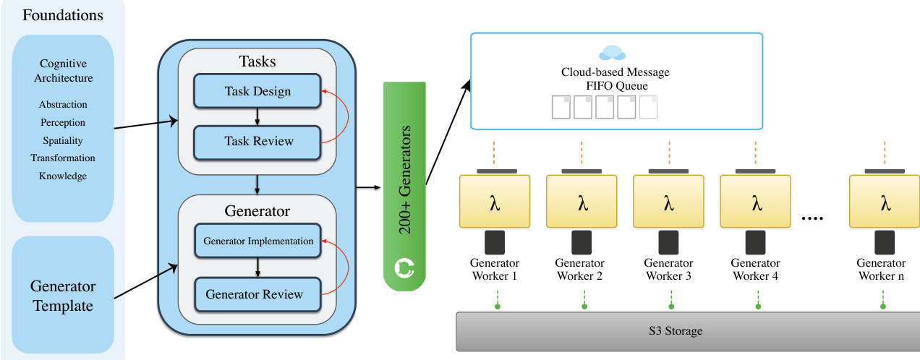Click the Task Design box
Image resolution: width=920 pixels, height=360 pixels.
[257, 92]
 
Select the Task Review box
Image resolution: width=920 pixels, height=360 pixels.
[257, 141]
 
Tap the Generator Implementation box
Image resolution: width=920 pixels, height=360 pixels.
[258, 241]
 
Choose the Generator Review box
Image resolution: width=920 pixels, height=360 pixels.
[258, 294]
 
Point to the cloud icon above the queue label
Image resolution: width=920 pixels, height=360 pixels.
[612, 53]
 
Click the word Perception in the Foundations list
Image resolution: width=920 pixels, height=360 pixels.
[63, 123]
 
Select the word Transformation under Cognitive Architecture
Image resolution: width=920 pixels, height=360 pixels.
[63, 158]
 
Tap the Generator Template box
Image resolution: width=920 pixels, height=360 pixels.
[63, 296]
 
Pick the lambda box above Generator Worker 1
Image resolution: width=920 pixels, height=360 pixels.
[495, 202]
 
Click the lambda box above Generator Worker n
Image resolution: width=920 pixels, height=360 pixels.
[885, 202]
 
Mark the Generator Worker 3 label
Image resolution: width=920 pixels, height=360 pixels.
[668, 270]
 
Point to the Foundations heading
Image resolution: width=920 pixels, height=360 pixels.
[63, 15]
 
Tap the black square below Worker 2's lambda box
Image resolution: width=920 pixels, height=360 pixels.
[582, 242]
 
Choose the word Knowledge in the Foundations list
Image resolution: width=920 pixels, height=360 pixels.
[63, 176]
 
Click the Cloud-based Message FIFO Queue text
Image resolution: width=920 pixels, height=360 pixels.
[616, 78]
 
